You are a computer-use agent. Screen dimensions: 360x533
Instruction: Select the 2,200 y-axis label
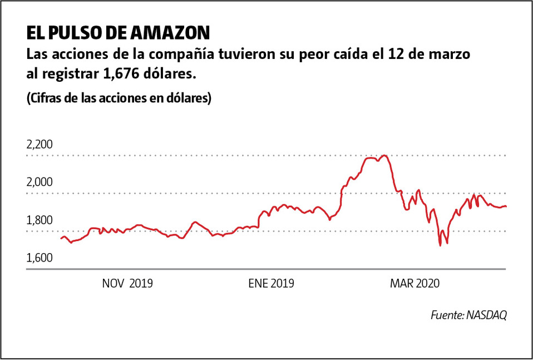[x=39, y=145]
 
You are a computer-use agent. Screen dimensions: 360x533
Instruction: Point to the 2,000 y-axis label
[x=39, y=183]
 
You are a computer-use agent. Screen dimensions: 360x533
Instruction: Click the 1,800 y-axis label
[x=39, y=220]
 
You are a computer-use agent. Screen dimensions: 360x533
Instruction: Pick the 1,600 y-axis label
[x=39, y=258]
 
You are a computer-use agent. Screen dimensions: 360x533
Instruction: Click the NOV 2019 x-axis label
[x=127, y=284]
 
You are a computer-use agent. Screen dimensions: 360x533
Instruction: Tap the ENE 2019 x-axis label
[x=271, y=284]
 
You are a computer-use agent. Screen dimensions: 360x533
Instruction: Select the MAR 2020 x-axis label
[x=415, y=284]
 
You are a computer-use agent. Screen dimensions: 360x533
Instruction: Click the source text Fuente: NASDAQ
[x=468, y=315]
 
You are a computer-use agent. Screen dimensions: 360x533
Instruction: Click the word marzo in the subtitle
[x=456, y=56]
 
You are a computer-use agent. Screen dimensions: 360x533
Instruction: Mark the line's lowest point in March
[x=440, y=245]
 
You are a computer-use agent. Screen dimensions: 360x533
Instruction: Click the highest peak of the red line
[x=383, y=155]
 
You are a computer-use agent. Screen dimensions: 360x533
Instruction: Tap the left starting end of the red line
[x=61, y=238]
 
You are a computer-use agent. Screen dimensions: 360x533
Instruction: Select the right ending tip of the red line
[x=506, y=206]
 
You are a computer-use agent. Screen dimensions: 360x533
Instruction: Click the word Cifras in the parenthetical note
[x=46, y=98]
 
